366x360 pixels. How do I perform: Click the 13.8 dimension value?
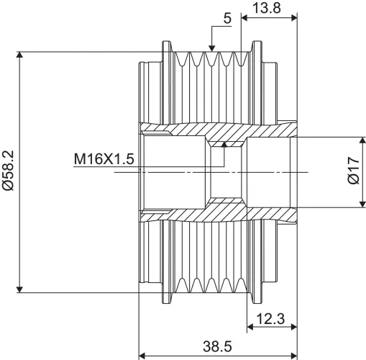[x=267, y=8]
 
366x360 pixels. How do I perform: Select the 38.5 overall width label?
[x=218, y=346]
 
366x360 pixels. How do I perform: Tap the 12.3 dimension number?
[x=270, y=319]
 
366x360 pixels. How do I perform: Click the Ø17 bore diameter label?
[x=354, y=171]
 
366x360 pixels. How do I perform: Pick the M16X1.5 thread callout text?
[x=104, y=159]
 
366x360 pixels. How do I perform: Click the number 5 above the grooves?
[x=227, y=19]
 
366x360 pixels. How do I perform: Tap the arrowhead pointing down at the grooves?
[x=211, y=48]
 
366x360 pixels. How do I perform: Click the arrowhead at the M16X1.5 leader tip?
[x=224, y=144]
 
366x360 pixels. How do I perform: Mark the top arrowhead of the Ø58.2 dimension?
[x=20, y=55]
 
